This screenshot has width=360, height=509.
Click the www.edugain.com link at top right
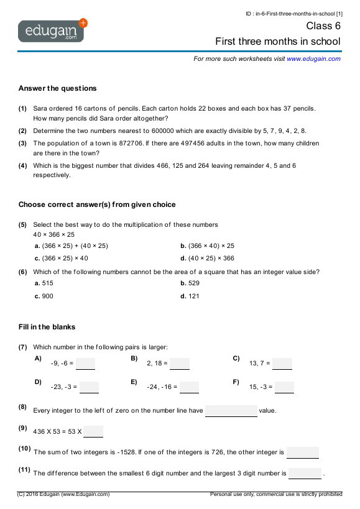pos(313,58)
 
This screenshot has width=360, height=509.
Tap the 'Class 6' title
pos(323,26)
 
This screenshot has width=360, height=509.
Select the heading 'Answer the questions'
pos(57,88)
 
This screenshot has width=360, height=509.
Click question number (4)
pos(22,166)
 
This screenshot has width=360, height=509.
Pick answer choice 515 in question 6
pos(47,283)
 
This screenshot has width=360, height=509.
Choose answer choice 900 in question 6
pos(47,296)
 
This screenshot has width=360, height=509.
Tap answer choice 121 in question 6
pos(193,296)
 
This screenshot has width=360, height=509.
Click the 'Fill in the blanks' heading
pos(47,327)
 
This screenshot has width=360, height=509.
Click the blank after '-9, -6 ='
pos(86,364)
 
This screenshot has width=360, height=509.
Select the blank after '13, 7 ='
pos(282,364)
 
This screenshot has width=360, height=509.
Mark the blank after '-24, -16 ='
pos(190,387)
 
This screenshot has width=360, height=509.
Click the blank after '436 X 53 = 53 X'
pos(93,431)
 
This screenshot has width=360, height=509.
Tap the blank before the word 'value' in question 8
pos(231,411)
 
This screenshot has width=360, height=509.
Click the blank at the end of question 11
pos(305,474)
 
